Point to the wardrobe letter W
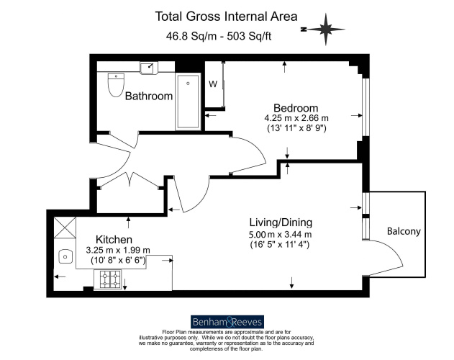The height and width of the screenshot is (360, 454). coord(213,84)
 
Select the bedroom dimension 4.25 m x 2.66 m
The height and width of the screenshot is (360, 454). coord(296,119)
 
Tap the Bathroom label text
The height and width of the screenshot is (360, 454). coord(149,96)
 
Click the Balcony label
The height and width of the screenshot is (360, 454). coord(403,231)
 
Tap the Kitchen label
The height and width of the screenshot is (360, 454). coord(114,239)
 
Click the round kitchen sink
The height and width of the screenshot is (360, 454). coord(65,256)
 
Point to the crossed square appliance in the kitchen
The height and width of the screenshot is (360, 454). coord(64,227)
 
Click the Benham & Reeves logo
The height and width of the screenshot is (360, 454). coord(227,321)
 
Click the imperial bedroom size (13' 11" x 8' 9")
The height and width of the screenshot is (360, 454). coord(296,130)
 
